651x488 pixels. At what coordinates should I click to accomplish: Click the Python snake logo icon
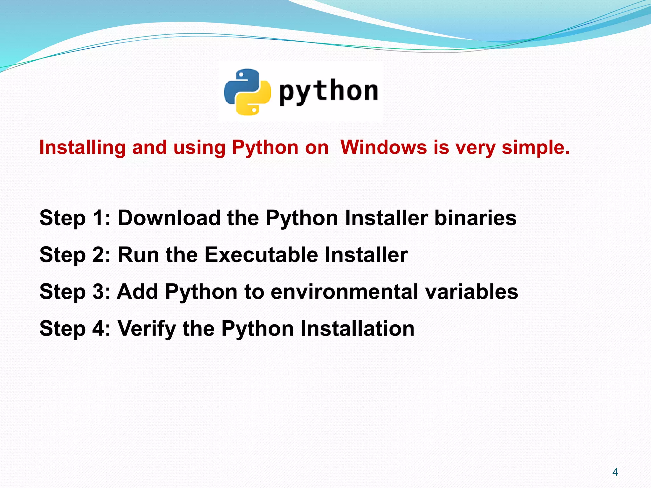[247, 92]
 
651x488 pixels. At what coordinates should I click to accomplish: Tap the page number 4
[615, 472]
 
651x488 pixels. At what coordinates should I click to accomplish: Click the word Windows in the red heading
[384, 147]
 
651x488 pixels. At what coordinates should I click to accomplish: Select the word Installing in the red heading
[83, 148]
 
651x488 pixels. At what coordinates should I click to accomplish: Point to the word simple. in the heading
[536, 148]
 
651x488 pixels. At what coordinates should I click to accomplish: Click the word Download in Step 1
[169, 218]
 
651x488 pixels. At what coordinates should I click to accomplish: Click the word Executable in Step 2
[261, 255]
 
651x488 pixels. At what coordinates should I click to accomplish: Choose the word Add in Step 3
[137, 292]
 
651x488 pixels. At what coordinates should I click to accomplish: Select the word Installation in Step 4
[357, 329]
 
